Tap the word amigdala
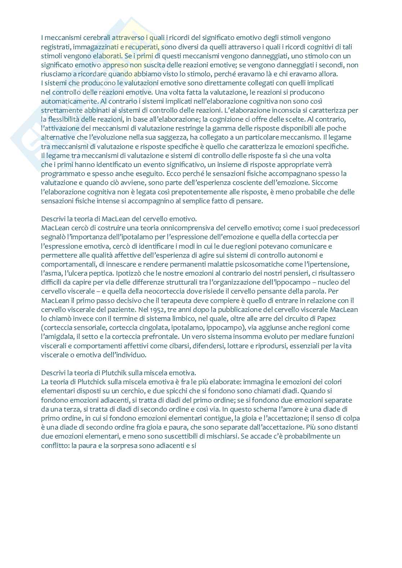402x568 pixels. point(59,337)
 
